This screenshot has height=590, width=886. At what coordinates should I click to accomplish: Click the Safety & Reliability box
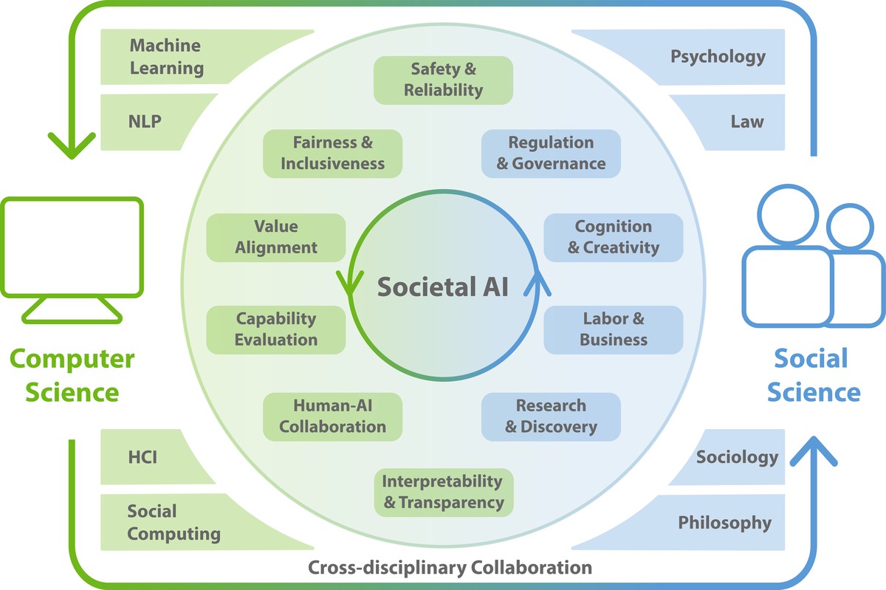[443, 80]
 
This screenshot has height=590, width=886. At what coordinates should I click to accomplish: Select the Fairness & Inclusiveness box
[333, 153]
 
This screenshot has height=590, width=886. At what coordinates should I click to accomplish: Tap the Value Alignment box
[276, 237]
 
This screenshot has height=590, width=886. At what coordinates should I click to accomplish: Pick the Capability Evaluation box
[276, 329]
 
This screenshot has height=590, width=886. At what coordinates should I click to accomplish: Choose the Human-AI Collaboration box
[333, 416]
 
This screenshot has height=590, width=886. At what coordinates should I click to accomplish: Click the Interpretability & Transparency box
[443, 492]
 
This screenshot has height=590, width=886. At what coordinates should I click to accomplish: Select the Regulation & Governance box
[551, 153]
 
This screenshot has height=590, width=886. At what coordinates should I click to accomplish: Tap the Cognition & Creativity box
[613, 237]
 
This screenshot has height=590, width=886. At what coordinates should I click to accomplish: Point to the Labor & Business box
[613, 329]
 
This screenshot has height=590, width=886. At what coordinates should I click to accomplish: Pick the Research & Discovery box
[551, 416]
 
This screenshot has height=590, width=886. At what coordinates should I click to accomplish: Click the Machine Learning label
[166, 57]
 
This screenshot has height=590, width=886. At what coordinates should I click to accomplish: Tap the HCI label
[142, 458]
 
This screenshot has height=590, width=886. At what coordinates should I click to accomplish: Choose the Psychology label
[718, 56]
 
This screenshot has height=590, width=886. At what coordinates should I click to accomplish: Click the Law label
[747, 121]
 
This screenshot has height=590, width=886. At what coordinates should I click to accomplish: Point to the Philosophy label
[724, 523]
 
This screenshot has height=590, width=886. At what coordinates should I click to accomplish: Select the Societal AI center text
[443, 286]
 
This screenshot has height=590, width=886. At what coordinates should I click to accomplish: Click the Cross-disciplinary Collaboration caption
[450, 568]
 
